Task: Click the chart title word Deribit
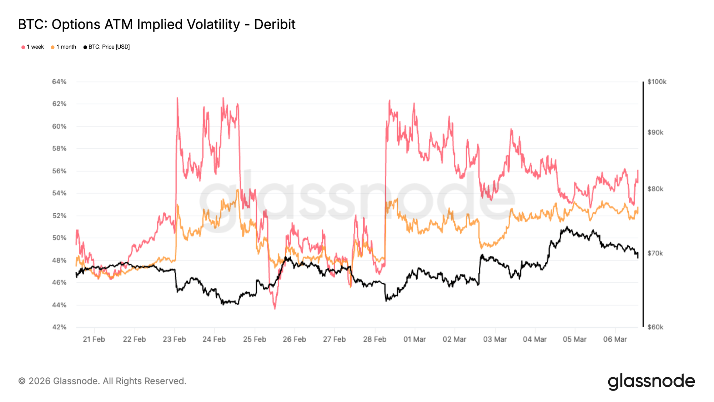275,25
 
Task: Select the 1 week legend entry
32,47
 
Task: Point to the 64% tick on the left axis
59,82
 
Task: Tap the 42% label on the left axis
59,327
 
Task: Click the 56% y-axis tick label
59,171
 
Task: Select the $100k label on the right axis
657,82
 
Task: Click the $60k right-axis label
655,327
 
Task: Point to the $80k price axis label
655,189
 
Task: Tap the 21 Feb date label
94,339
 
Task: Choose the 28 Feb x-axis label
374,339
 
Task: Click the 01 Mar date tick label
414,339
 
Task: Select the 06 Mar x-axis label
615,339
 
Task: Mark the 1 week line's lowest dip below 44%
275,308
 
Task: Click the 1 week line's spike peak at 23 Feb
177,98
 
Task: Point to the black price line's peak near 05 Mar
567,227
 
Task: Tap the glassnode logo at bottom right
651,381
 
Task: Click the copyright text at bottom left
102,381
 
